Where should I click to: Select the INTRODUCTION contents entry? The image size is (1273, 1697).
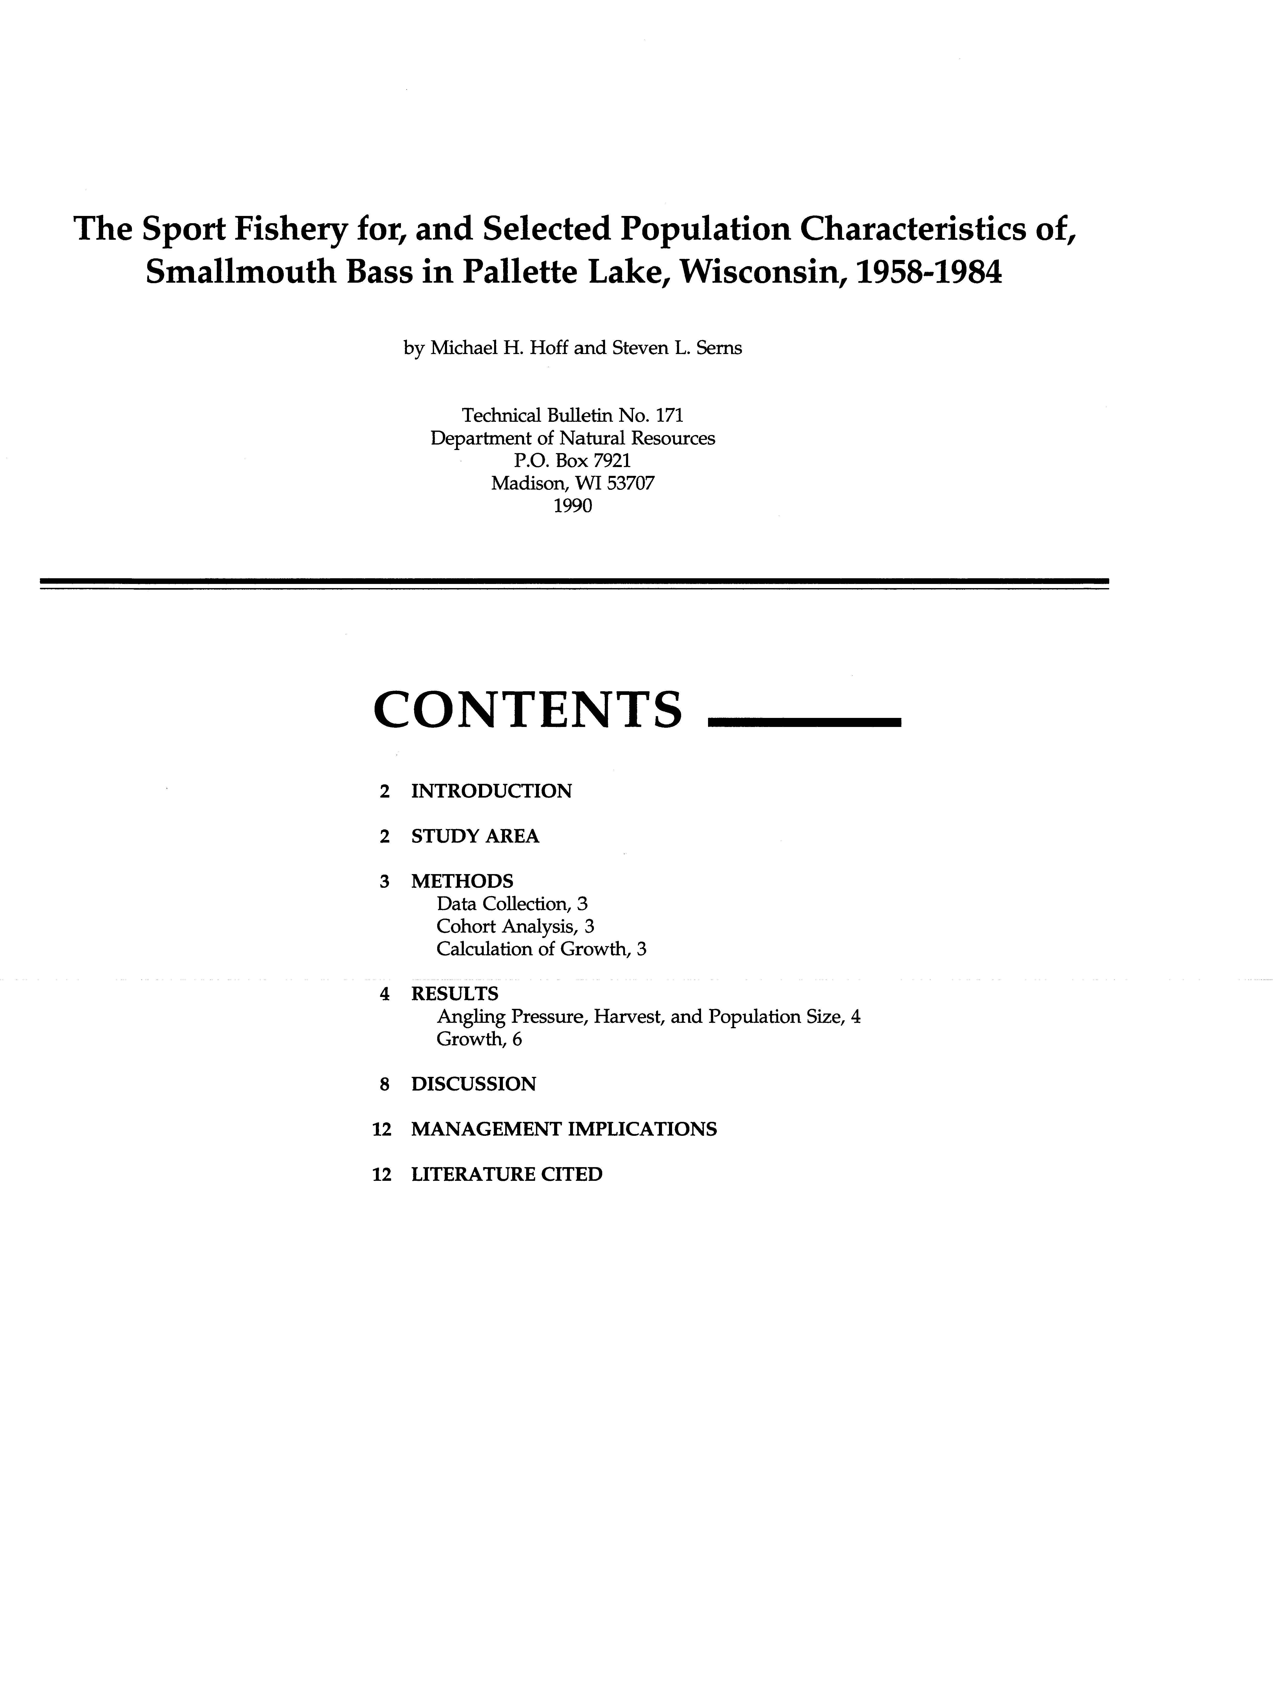(x=491, y=791)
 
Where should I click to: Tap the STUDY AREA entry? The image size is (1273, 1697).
(x=475, y=836)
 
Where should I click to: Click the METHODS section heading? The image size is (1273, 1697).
(x=462, y=881)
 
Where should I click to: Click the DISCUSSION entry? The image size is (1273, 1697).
(x=473, y=1084)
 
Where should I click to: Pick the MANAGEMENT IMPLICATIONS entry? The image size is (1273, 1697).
(x=564, y=1129)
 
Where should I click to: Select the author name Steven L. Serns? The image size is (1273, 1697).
(x=676, y=348)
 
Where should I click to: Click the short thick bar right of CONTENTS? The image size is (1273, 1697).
(x=803, y=722)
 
